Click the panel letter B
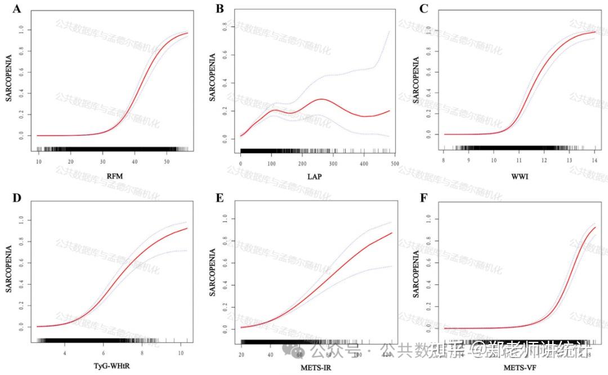(x=219, y=9)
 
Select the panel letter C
(x=424, y=9)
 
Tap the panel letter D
(x=16, y=198)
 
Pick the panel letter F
(x=424, y=198)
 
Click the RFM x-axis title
(x=114, y=177)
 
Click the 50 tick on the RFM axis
(x=167, y=162)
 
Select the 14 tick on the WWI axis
(x=594, y=162)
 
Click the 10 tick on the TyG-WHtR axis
(x=181, y=353)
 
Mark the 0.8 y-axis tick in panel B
(x=224, y=26)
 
